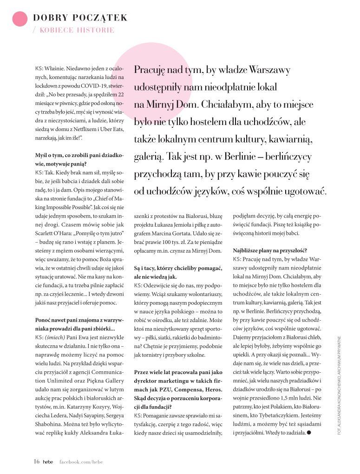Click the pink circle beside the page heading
tap(20, 19)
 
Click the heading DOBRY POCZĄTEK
tap(80, 18)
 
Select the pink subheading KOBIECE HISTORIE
tap(77, 30)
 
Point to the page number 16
tap(36, 461)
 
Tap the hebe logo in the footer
tap(48, 461)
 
